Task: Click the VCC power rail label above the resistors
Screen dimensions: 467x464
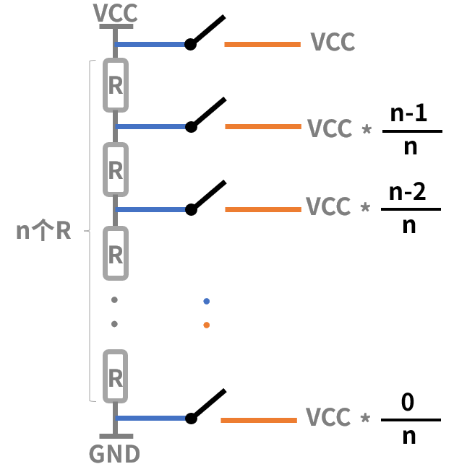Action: tap(115, 13)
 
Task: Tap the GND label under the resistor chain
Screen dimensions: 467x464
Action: tap(114, 454)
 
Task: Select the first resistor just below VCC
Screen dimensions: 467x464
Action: tap(116, 85)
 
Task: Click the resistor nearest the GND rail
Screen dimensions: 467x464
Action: tap(116, 376)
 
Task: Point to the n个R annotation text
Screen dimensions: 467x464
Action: tap(43, 230)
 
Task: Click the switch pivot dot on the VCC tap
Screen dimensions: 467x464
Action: tap(190, 44)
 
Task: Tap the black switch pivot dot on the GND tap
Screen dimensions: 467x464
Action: tap(191, 419)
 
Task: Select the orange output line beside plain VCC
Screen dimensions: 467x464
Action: tap(262, 44)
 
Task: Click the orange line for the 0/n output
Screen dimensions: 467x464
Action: tap(259, 420)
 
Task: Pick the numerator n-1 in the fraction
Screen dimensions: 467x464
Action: tap(408, 113)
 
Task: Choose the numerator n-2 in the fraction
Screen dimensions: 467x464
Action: tap(408, 192)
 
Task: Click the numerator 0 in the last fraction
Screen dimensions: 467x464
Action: tap(408, 402)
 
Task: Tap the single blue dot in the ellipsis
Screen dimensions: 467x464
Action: tap(207, 301)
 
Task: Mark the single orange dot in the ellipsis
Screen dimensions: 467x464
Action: tap(207, 325)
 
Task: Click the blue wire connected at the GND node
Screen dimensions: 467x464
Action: tap(152, 419)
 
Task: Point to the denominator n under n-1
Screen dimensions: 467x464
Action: tap(411, 146)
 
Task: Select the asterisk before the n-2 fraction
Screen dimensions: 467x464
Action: tap(365, 207)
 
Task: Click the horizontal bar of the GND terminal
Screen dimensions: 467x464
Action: tap(116, 436)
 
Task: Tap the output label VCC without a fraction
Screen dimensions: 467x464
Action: tap(333, 42)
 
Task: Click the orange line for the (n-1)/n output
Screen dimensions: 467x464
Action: tap(263, 126)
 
